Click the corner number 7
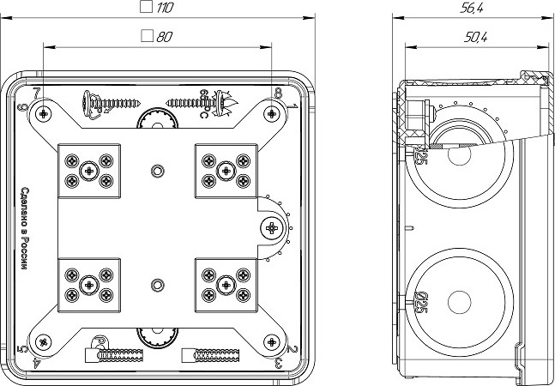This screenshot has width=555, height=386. point(35,93)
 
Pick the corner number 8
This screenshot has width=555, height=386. point(280,93)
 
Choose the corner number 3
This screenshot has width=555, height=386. point(281,364)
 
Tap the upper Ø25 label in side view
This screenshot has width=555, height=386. point(420,156)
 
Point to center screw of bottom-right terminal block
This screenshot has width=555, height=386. point(226,283)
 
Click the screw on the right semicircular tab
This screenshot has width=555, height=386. point(272,227)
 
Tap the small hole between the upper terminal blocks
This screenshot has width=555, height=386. point(155,170)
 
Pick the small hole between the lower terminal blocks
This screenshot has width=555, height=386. point(155,284)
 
